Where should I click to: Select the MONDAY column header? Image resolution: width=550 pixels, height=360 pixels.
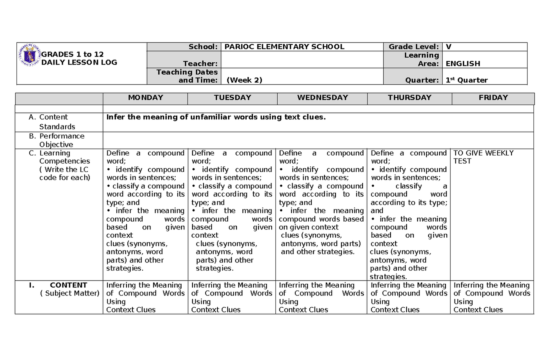point(145,98)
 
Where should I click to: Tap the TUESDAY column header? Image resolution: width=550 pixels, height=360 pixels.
point(232,98)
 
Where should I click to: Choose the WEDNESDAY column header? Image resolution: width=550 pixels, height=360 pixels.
point(322,98)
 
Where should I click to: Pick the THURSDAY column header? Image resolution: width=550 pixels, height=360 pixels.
point(409,98)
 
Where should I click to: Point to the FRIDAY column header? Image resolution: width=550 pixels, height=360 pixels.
point(493,98)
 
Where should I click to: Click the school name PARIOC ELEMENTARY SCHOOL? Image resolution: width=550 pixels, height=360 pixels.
point(284,47)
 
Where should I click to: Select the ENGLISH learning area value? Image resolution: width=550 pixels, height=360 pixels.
point(463,64)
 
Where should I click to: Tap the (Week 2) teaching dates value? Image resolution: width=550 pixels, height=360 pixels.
point(244,80)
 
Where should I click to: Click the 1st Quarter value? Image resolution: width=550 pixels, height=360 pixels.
point(467,80)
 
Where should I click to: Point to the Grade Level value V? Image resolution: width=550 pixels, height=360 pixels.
point(449,47)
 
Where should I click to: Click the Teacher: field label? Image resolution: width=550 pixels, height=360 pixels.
point(200,64)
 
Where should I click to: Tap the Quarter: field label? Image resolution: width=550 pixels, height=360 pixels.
point(422,80)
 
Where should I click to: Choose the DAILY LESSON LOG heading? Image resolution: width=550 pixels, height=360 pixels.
point(79,62)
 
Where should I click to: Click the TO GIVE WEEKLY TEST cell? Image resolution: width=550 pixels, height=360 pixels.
point(483,157)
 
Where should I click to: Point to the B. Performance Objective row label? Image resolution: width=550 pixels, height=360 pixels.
point(61,140)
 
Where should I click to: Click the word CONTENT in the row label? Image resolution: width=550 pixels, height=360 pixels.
point(68,285)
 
